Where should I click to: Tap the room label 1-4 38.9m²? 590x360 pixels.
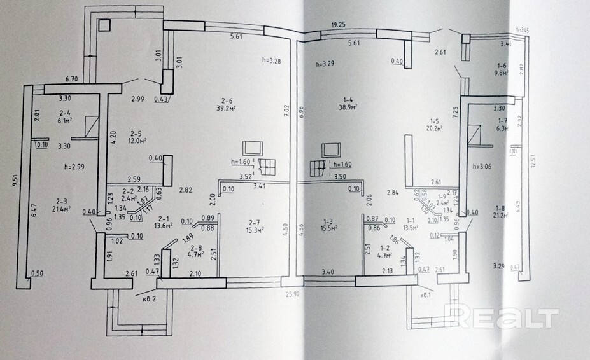point(348,104)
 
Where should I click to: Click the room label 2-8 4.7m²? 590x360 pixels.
point(196,251)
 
